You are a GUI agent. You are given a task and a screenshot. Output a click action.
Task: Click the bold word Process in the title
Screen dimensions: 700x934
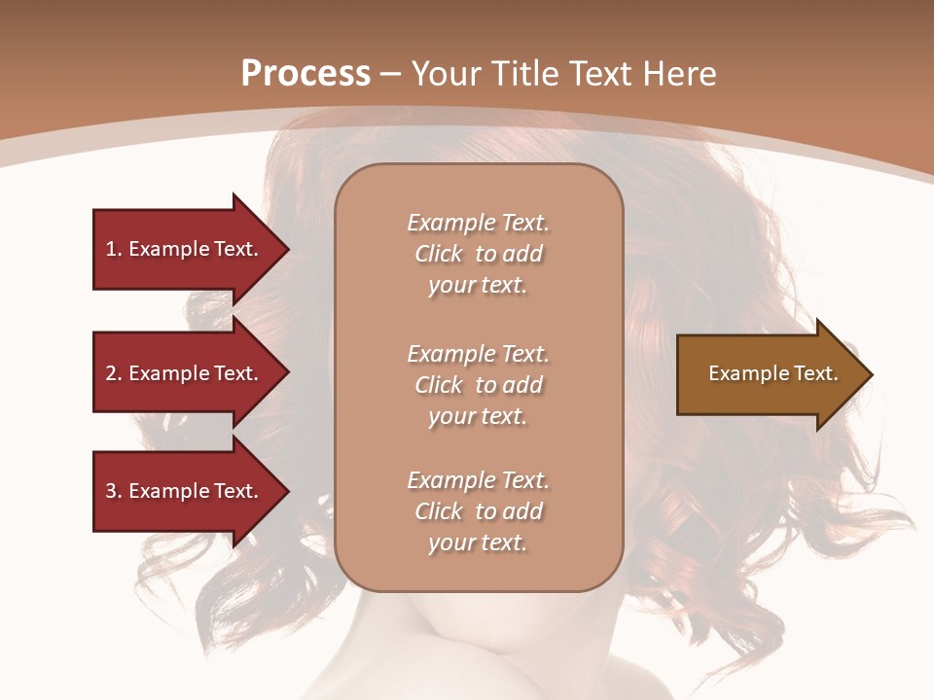point(305,73)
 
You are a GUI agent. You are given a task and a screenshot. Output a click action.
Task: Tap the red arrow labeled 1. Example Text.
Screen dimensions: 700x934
point(185,249)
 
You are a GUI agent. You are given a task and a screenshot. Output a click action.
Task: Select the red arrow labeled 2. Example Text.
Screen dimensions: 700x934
point(185,373)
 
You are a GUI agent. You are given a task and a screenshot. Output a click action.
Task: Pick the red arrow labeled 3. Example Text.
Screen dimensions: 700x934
point(185,491)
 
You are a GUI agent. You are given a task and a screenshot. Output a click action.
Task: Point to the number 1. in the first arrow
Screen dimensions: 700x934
point(114,249)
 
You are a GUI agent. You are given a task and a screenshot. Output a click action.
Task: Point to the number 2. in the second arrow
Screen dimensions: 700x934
point(114,373)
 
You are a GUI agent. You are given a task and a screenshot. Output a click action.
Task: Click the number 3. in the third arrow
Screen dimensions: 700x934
point(114,491)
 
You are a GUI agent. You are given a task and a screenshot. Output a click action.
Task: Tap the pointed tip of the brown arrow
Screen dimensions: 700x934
point(869,374)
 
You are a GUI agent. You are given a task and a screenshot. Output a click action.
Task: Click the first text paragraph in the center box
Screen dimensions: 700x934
point(478,254)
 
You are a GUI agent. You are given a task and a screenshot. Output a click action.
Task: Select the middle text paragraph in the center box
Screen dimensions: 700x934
point(478,385)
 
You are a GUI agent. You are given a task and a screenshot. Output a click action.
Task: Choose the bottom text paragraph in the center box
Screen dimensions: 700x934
point(478,511)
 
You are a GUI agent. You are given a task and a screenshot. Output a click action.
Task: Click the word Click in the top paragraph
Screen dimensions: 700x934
point(439,254)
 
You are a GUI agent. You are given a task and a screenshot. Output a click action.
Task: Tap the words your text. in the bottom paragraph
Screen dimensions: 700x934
point(478,542)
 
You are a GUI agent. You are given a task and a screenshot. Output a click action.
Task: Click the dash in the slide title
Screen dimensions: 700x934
point(391,74)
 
